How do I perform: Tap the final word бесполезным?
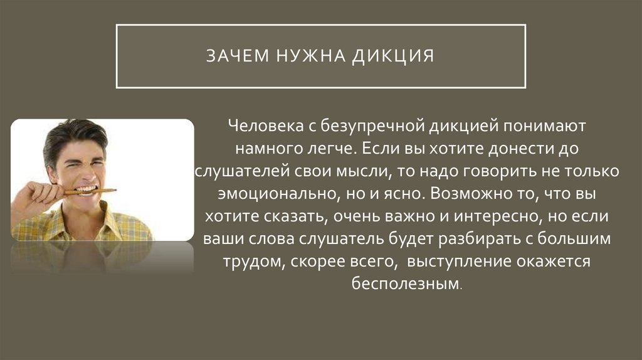tap(406, 284)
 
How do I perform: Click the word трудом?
tap(255, 262)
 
